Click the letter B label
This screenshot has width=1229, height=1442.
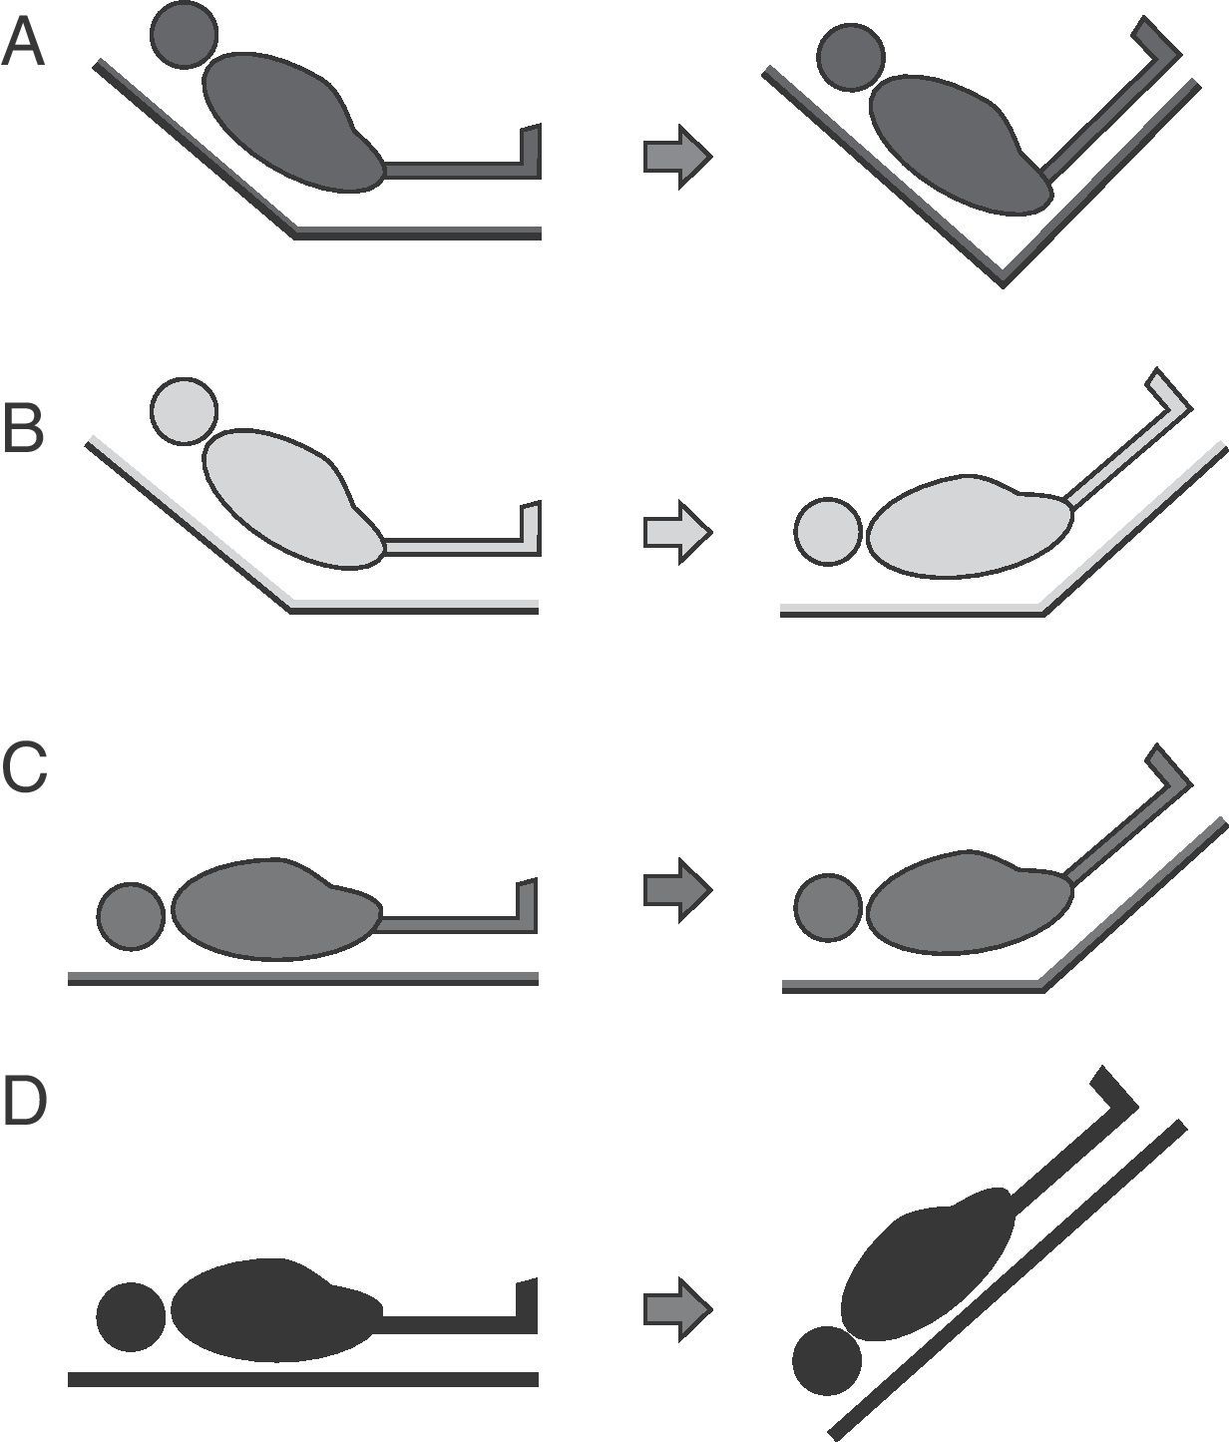tap(23, 430)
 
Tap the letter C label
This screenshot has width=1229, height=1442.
tap(24, 768)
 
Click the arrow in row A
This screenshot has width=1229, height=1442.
tap(677, 156)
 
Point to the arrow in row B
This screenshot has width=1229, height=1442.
tap(677, 531)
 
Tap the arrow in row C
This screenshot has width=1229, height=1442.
tap(677, 888)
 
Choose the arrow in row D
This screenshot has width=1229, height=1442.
tap(677, 1308)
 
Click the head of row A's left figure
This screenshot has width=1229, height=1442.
tap(185, 35)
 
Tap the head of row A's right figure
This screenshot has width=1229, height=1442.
tap(850, 57)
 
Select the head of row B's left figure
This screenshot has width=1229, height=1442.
tap(184, 410)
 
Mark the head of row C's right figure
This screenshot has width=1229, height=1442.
tap(828, 907)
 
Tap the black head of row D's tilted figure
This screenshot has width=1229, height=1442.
tap(827, 1360)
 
